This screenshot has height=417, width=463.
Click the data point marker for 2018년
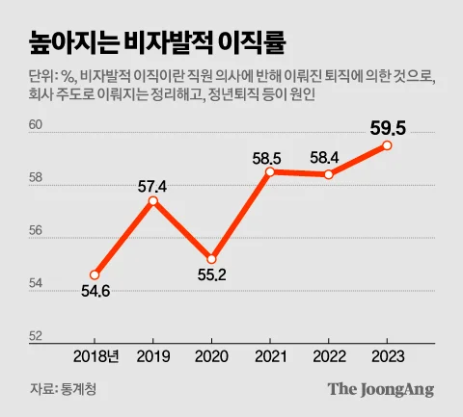click(x=95, y=274)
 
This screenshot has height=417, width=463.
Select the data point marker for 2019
click(x=152, y=200)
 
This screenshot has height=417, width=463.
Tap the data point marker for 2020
click(x=211, y=258)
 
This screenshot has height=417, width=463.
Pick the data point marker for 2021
click(x=271, y=171)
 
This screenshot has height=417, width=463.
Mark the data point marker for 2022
click(x=329, y=174)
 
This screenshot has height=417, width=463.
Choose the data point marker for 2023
click(x=387, y=145)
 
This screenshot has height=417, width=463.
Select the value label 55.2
click(x=211, y=275)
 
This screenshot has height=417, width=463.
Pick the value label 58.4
click(x=329, y=157)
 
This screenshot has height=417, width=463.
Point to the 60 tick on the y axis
click(x=36, y=125)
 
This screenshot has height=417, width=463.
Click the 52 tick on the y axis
click(x=36, y=336)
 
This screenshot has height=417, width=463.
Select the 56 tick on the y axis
click(x=36, y=231)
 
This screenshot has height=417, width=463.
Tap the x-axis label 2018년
click(x=96, y=355)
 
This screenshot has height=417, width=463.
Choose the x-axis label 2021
click(x=271, y=355)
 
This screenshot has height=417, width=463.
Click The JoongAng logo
click(x=380, y=389)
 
